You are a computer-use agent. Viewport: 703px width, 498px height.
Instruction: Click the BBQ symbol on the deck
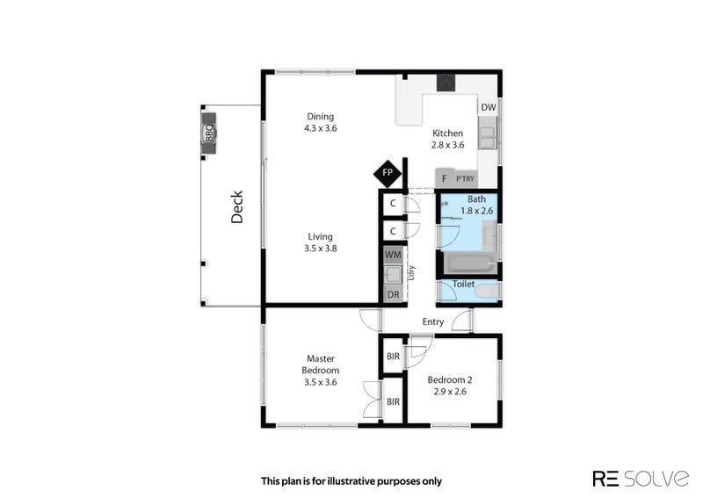coord(210,133)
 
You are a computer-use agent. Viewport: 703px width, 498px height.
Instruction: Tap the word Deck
coord(236,207)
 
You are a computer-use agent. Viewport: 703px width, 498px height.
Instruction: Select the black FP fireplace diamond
coord(387,173)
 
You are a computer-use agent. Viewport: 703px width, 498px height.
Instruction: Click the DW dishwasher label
coord(489,108)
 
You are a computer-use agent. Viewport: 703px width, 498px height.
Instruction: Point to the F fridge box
coord(445,178)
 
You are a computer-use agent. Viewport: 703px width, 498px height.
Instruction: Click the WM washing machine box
coord(393,254)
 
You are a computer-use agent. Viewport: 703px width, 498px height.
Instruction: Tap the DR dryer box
coord(393,294)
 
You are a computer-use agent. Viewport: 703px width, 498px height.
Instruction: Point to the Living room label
coord(321,236)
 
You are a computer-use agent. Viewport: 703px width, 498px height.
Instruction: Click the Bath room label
coord(475,199)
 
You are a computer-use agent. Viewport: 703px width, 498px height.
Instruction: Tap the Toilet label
coord(464,285)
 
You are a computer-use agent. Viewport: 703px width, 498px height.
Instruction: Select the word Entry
coord(433,321)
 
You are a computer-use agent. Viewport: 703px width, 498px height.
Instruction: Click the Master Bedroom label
coord(321,364)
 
